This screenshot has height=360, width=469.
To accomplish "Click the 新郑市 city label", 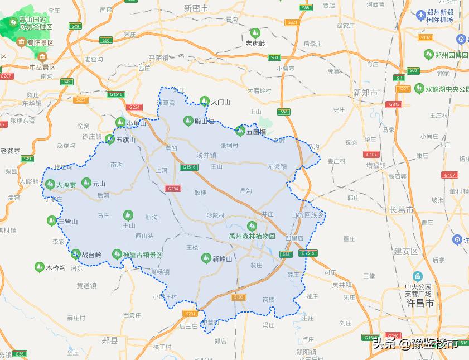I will [x=366, y=92].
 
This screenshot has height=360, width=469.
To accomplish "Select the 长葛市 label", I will [x=402, y=210].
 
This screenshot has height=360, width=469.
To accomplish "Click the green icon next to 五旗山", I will [x=110, y=139].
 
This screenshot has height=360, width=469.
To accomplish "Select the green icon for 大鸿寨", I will [x=50, y=184].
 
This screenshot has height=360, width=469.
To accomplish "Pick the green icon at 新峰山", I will [x=205, y=258].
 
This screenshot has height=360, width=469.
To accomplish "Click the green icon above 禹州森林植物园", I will [x=252, y=225].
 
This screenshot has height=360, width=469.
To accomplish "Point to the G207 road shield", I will [x=6, y=76].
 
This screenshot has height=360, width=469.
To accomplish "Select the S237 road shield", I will [x=81, y=100].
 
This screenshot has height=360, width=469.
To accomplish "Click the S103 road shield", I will [x=239, y=297].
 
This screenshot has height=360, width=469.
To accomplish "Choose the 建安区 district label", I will [x=406, y=251].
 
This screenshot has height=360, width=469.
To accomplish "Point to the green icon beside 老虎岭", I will [x=255, y=33].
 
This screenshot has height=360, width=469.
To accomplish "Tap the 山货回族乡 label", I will [x=307, y=214].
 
